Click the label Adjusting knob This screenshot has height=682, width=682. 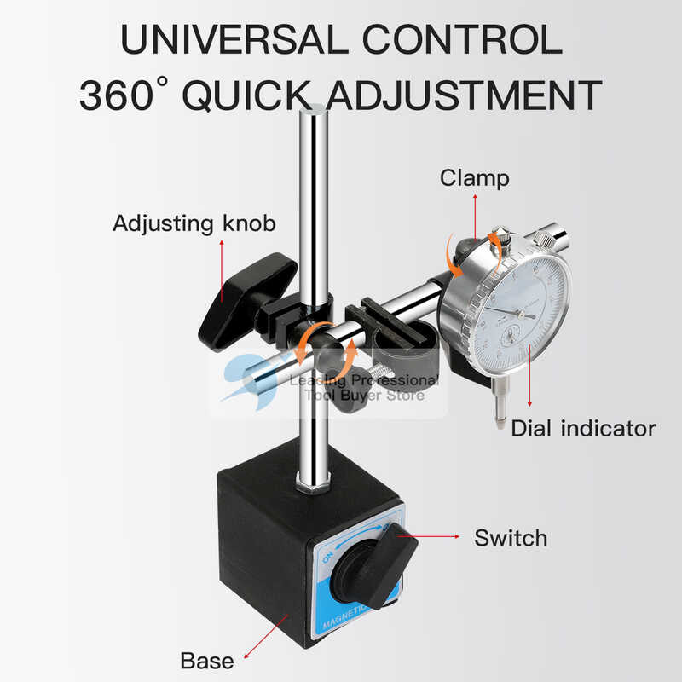coord(195,224)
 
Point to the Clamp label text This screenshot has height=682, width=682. coord(475,177)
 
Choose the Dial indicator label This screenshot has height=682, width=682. coord(583,427)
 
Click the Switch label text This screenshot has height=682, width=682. coord(511,538)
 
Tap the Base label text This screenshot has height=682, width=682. coord(206,661)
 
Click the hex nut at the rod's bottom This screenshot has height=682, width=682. coord(312,486)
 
